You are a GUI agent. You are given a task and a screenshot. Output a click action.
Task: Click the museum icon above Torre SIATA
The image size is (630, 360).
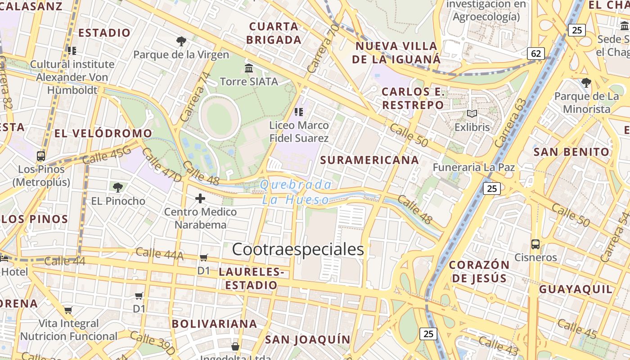pyautogui.click(x=249, y=68)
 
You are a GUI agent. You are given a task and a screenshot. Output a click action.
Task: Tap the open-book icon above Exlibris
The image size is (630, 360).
pyautogui.click(x=472, y=114)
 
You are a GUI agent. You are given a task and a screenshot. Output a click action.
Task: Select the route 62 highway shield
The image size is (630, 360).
pyautogui.click(x=536, y=54)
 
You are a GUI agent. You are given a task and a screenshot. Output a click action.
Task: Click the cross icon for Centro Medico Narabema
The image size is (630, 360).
pyautogui.click(x=200, y=198)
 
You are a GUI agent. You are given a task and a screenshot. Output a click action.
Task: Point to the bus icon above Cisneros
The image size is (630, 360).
pyautogui.click(x=535, y=244)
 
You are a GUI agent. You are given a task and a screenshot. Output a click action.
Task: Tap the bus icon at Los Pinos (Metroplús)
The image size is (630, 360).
pyautogui.click(x=41, y=156)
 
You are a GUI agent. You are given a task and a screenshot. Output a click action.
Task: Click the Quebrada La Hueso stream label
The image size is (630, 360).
pyautogui.click(x=296, y=192)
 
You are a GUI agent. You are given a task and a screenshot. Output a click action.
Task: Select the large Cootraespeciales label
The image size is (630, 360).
pyautogui.click(x=297, y=249)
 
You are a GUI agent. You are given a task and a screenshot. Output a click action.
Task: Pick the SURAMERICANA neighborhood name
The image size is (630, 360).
pyautogui.click(x=369, y=160)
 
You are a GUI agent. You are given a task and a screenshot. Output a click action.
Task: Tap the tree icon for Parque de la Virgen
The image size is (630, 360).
pyautogui.click(x=181, y=41)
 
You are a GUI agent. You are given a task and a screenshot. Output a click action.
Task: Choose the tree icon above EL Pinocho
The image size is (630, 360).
pyautogui.click(x=118, y=187)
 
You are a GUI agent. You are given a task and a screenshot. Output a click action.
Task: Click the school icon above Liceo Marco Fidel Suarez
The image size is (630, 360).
pyautogui.click(x=298, y=112)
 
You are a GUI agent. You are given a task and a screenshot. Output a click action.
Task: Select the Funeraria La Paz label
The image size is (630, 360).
pyautogui.click(x=473, y=167)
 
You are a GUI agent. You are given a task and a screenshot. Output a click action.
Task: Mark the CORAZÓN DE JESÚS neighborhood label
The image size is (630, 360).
pyautogui.click(x=479, y=271)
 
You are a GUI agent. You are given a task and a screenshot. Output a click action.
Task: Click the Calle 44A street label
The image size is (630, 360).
pyautogui.click(x=159, y=254)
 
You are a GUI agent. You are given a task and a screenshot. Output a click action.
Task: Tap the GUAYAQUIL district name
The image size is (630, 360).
pyautogui.click(x=576, y=289)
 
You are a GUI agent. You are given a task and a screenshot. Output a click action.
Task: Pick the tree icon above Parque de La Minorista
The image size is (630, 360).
pyautogui.click(x=586, y=83)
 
